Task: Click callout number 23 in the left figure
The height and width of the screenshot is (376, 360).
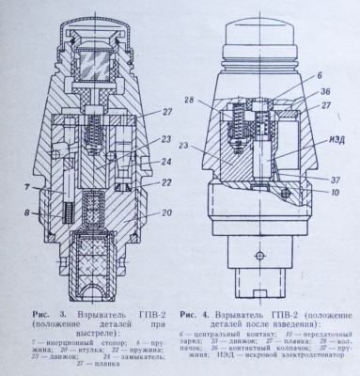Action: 165,141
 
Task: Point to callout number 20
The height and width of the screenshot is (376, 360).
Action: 166,213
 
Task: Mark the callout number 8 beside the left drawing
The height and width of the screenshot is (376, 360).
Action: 28,213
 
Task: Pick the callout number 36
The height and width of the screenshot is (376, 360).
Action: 324,91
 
